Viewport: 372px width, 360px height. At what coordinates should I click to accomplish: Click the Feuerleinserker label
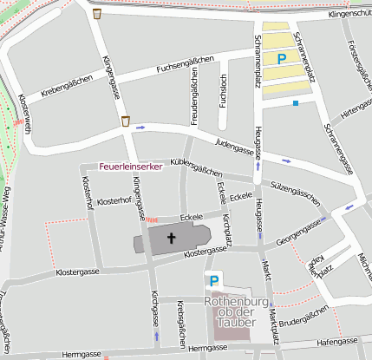click(x=131, y=167)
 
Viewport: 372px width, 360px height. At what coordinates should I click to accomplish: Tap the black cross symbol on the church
click(x=171, y=237)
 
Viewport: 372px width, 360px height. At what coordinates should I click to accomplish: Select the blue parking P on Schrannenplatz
click(x=281, y=58)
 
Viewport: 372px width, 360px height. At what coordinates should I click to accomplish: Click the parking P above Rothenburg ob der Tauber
click(x=212, y=280)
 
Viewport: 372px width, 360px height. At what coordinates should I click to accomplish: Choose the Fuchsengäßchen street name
click(x=186, y=64)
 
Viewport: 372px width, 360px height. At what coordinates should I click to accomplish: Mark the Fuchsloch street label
click(x=224, y=92)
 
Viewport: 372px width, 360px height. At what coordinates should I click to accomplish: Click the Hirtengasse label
click(x=356, y=108)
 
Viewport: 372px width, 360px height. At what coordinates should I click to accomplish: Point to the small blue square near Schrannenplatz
click(x=296, y=103)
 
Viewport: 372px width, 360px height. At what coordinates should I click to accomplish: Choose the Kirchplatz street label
click(x=227, y=228)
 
